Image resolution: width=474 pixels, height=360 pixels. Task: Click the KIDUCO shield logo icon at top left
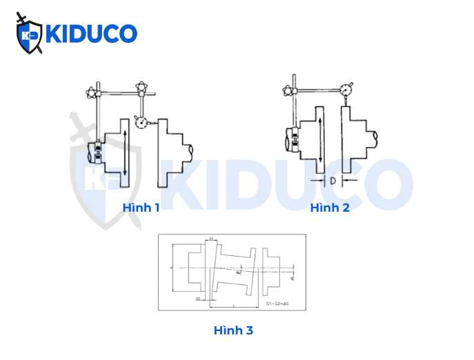click(29, 34)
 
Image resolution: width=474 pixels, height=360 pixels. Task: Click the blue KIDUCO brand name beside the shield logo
click(90, 34)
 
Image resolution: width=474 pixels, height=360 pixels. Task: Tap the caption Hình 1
click(141, 208)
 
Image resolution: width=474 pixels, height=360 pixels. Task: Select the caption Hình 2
click(330, 208)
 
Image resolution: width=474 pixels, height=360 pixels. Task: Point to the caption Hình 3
click(233, 330)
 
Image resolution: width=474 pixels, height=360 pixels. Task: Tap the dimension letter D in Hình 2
click(332, 181)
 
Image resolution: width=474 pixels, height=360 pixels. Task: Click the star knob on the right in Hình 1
click(143, 88)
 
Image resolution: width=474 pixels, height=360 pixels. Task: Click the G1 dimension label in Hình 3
click(210, 239)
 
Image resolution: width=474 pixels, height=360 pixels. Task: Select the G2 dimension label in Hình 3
click(198, 299)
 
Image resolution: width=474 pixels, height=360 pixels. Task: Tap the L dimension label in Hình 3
click(235, 303)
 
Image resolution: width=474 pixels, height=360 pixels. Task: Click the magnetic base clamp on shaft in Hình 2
click(293, 142)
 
